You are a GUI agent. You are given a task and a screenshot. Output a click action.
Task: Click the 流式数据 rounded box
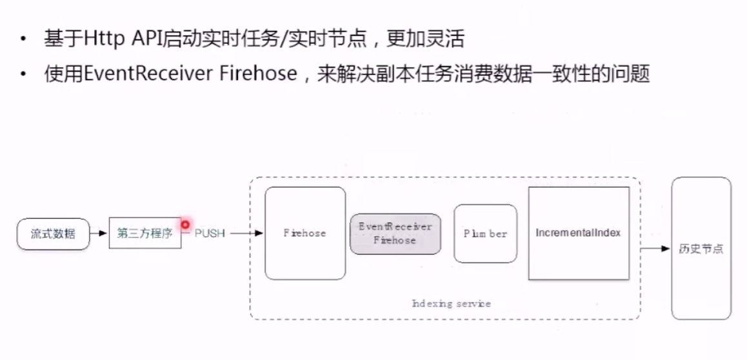pos(53,234)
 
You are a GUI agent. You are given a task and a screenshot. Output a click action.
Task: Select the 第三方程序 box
pos(145,234)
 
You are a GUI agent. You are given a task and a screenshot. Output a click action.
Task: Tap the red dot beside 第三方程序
pos(185,225)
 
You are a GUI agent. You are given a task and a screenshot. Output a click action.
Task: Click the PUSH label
pos(210,234)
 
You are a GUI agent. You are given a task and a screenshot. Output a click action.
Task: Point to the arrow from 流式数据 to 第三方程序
pos(99,234)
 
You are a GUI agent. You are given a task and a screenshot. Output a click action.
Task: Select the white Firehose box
pos(305,234)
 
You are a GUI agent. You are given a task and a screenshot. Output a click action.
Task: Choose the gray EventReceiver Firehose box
pos(395,234)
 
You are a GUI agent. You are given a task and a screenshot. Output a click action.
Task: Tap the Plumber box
pos(485,234)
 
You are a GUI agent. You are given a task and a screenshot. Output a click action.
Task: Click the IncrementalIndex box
pos(579,233)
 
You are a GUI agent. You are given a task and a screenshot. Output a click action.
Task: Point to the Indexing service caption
pos(451,303)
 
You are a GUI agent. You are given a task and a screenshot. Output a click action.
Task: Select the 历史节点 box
pos(701,248)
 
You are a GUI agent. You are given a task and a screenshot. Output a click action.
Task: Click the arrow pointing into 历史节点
pos(655,248)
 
